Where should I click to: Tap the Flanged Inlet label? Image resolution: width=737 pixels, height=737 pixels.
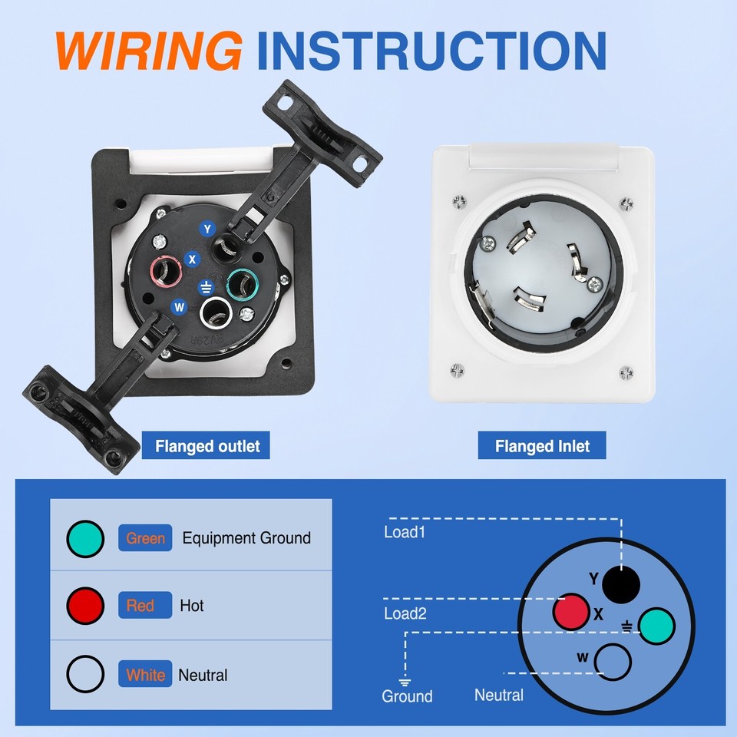click(542, 445)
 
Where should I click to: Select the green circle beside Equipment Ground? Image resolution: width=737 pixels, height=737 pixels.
click(84, 539)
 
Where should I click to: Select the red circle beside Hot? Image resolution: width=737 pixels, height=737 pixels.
click(84, 606)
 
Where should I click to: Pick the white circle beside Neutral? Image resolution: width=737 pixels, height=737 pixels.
click(84, 675)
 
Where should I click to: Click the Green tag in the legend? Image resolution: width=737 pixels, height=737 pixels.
click(145, 538)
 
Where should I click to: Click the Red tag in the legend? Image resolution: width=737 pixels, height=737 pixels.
click(140, 606)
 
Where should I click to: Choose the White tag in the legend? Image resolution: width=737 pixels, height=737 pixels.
click(145, 675)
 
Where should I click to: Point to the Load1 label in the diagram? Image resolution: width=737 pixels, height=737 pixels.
click(404, 531)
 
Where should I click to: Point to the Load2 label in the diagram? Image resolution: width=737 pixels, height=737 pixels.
click(404, 613)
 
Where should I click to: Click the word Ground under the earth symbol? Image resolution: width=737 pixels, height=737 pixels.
click(407, 696)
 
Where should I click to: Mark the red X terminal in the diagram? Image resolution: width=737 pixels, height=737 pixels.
click(571, 613)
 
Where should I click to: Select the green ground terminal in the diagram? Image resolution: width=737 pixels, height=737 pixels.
click(656, 626)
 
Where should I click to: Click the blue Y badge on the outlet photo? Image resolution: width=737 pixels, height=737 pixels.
click(207, 228)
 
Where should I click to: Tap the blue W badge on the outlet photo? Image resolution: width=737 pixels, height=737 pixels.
click(180, 307)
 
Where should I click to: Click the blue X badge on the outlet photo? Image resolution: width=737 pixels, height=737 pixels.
click(193, 259)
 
